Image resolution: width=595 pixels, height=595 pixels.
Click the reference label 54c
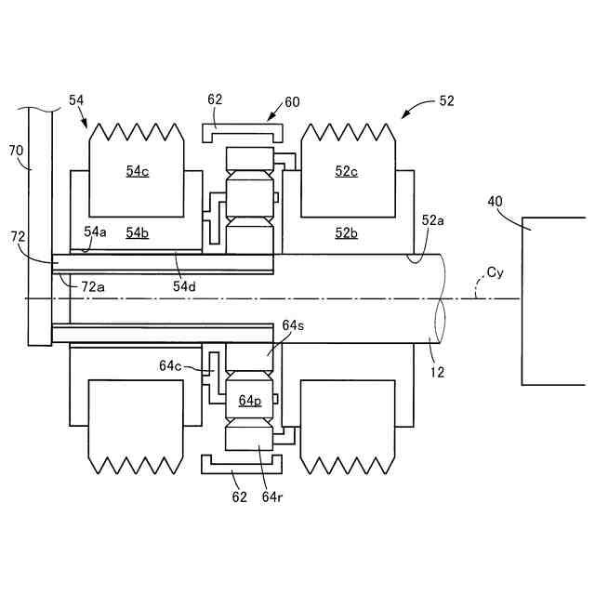(138, 171)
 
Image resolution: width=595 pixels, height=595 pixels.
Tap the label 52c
(346, 171)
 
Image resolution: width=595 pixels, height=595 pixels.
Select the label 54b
(138, 232)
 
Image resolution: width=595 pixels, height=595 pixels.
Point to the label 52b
(346, 232)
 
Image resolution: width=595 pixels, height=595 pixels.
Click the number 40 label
(495, 201)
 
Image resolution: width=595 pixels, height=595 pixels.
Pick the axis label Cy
(496, 272)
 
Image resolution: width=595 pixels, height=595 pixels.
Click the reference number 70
(16, 151)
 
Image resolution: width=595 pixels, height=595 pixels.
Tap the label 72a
(93, 286)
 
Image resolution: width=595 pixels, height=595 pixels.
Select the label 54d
(184, 286)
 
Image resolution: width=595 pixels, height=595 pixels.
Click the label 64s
(293, 325)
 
